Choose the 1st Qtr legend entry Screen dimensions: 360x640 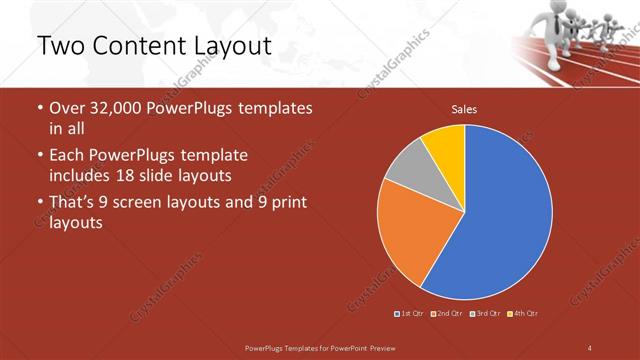[411, 313]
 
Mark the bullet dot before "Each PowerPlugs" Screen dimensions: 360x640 [39, 156]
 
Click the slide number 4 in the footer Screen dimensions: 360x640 [589, 347]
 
